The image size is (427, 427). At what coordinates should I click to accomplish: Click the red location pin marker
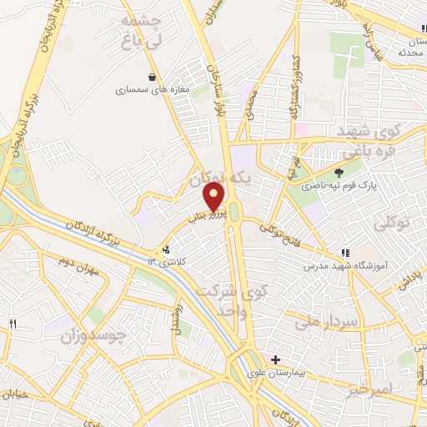214,197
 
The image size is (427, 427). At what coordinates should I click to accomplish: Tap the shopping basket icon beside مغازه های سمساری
152,77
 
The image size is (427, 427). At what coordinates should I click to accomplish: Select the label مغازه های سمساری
144,88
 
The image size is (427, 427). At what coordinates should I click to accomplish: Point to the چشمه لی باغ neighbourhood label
135,31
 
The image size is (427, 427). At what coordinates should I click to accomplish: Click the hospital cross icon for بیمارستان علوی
276,359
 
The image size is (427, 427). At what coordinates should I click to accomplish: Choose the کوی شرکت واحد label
230,301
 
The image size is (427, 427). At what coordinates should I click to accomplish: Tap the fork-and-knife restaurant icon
13,324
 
